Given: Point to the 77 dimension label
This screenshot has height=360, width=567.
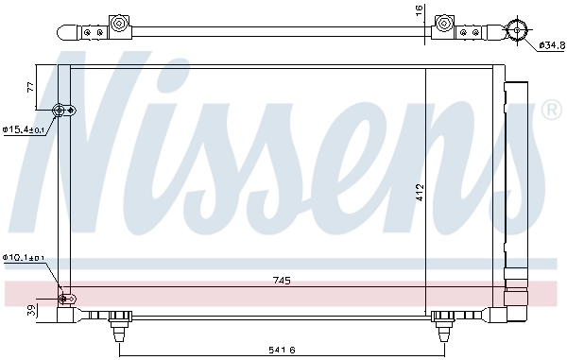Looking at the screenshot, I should (x=30, y=87).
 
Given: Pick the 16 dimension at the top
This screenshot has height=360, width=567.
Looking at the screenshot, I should (x=420, y=10).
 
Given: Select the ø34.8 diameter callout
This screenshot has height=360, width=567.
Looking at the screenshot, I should (x=550, y=44).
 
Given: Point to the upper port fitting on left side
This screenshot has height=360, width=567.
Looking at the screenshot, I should (x=64, y=111).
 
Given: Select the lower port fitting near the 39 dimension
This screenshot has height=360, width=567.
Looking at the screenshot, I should (x=65, y=300).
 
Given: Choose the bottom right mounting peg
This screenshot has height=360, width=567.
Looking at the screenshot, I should (x=440, y=327).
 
